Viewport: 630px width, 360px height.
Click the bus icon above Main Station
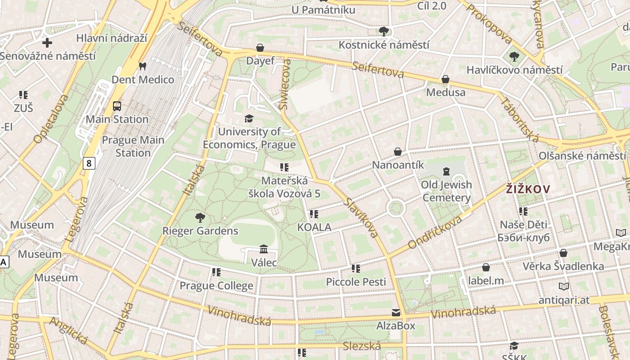point(117,106)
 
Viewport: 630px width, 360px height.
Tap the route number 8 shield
point(89,163)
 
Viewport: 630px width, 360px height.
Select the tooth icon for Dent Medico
point(143,66)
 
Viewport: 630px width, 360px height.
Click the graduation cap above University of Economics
point(249,118)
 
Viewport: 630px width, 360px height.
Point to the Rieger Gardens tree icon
point(200,218)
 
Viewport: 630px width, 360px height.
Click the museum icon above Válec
point(264,249)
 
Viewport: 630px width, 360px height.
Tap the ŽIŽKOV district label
point(527,189)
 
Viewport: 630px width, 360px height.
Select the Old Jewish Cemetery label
point(446,191)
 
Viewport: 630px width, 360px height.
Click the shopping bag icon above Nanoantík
point(398,152)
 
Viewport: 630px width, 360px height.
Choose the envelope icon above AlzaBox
point(396,312)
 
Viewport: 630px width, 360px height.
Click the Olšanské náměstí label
point(582,156)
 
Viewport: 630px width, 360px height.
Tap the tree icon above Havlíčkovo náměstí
point(514,57)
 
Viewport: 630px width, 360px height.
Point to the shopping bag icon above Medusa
point(445,79)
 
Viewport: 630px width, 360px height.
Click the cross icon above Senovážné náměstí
point(47,43)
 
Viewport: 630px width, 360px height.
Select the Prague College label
point(216,286)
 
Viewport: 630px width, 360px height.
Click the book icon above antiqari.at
point(563,286)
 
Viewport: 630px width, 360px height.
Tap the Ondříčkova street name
point(435,232)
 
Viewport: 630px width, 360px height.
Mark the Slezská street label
point(361,346)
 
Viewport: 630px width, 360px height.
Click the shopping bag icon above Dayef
point(260,47)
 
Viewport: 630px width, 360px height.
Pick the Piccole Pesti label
point(356,282)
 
